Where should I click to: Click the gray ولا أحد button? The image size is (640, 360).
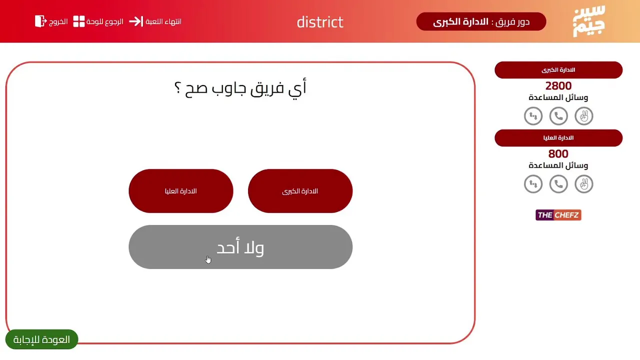[240, 247]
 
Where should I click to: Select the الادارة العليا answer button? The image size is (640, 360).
[181, 191]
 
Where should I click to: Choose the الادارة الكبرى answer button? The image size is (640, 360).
[300, 191]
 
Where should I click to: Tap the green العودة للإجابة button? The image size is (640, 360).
[41, 339]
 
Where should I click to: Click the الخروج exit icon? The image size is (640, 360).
[40, 21]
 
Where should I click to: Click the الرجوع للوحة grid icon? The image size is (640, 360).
[79, 21]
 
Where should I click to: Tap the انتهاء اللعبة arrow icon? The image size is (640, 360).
[136, 21]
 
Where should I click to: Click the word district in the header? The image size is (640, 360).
[320, 22]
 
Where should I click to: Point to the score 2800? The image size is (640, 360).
[558, 85]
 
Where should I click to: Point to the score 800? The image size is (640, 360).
[558, 154]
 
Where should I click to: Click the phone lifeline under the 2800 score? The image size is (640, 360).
[558, 116]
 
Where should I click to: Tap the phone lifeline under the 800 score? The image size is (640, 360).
[558, 184]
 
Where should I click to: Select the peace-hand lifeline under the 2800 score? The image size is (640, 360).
[584, 116]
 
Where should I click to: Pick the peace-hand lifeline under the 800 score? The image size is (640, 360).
[584, 184]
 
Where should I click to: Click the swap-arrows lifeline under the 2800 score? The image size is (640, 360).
[533, 116]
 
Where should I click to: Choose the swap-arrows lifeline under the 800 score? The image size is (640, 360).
[533, 184]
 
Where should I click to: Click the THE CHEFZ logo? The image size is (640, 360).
[558, 215]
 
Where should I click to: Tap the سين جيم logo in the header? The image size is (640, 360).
[589, 21]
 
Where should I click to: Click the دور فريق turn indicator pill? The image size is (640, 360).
[481, 21]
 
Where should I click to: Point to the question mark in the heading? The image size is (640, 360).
[177, 87]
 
